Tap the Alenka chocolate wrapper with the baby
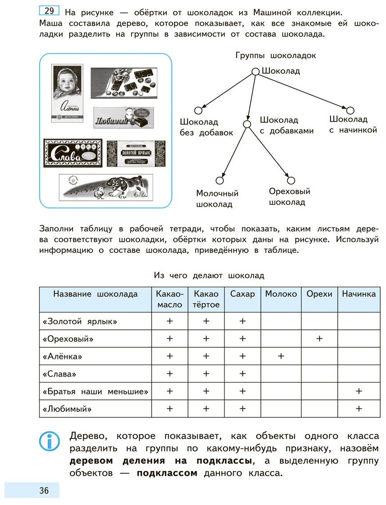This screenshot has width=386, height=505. [67, 93]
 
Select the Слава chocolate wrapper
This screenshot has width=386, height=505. [73, 153]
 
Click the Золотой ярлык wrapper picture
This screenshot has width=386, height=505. [136, 154]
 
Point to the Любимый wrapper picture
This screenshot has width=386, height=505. [123, 117]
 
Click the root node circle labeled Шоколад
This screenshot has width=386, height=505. [255, 71]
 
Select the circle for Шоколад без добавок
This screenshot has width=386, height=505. [198, 111]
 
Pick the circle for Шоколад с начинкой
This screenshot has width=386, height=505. [351, 111]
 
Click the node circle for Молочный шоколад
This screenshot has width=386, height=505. [219, 181]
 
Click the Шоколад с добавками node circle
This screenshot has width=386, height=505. [246, 124]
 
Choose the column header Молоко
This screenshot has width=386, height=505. [281, 294]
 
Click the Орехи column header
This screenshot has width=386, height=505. [320, 294]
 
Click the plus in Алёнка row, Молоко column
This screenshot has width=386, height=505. [281, 356]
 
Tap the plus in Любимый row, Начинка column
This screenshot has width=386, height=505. [359, 409]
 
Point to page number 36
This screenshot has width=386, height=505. [44, 490]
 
